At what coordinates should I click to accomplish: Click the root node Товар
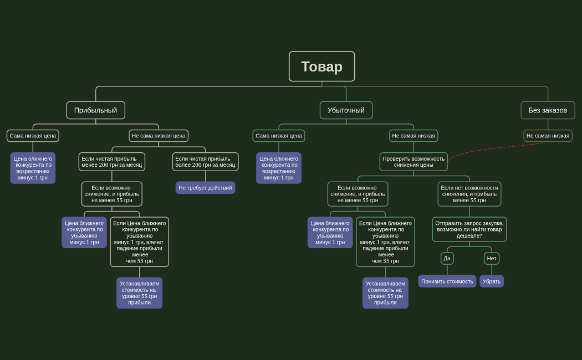[x=321, y=66]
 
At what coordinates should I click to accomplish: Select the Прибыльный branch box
[x=95, y=110]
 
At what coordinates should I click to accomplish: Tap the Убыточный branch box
[x=346, y=110]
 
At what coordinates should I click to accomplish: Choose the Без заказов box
[x=548, y=110]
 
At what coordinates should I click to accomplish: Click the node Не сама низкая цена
[x=159, y=136]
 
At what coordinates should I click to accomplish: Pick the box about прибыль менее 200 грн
[x=111, y=162]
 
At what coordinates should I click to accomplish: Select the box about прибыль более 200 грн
[x=205, y=162]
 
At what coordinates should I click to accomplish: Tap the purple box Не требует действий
[x=205, y=188]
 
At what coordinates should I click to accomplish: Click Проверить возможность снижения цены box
[x=413, y=162]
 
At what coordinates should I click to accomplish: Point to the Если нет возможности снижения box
[x=469, y=194]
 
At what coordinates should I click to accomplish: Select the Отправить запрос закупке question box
[x=469, y=229]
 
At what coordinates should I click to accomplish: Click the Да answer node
[x=447, y=258]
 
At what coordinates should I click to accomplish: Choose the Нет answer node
[x=492, y=258]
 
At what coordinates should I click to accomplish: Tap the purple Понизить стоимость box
[x=447, y=281]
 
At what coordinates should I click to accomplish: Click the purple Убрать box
[x=492, y=281]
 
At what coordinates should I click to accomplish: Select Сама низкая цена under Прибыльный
[x=33, y=136]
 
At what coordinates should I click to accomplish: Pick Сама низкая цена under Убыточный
[x=279, y=136]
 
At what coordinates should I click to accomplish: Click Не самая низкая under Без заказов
[x=548, y=136]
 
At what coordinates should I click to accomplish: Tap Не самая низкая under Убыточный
[x=413, y=136]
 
